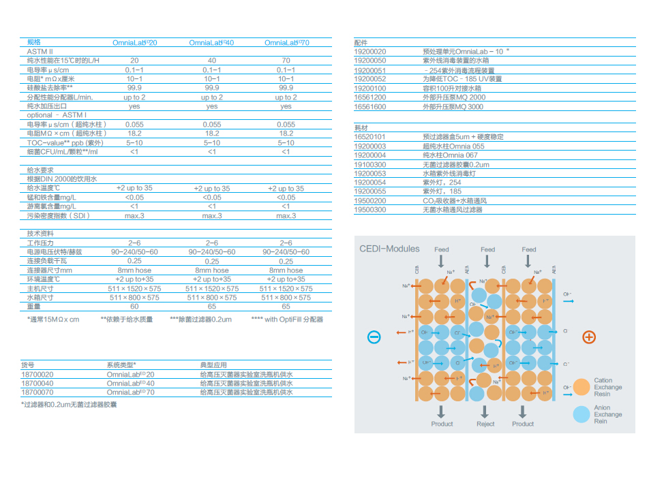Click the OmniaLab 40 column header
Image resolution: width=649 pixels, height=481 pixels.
[211, 43]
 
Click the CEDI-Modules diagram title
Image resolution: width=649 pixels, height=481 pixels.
[390, 249]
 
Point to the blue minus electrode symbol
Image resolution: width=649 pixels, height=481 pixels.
[374, 337]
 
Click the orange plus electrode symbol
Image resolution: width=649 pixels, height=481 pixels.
[589, 337]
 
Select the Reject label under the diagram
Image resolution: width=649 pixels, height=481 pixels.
[485, 424]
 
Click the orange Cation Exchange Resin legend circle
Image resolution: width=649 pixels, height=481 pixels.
[582, 387]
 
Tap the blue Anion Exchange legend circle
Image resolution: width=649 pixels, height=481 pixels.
[582, 414]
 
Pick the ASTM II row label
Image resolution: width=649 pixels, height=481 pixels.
[40, 51]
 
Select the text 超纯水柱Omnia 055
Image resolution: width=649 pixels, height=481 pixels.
[453, 146]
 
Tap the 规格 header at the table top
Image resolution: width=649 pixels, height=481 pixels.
[33, 42]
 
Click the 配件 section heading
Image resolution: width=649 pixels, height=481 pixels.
[361, 42]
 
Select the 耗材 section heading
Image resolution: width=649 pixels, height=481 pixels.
[361, 128]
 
